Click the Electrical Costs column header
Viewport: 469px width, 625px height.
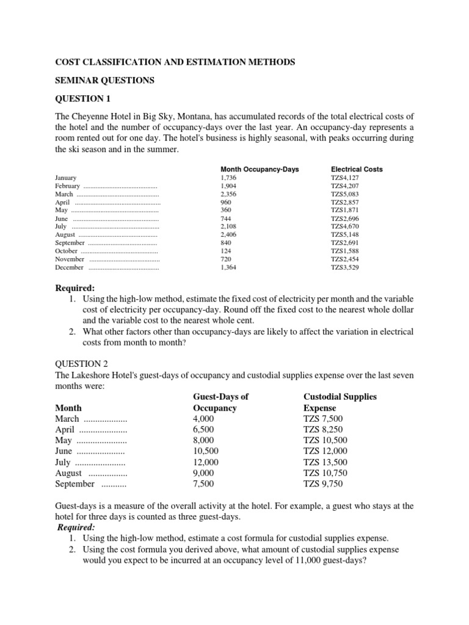[x=357, y=169]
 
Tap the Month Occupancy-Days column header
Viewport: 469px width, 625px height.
[x=260, y=169]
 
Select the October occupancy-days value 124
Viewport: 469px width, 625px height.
[x=225, y=251]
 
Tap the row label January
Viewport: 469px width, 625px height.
[x=66, y=178]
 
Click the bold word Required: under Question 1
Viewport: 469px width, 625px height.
[x=75, y=288]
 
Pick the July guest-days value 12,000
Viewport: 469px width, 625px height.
[x=206, y=463]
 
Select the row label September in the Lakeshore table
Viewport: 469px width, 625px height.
[x=75, y=484]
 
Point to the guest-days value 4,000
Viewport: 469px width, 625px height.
[x=203, y=419]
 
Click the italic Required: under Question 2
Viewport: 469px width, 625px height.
[x=76, y=527]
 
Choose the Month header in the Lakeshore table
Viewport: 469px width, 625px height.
[x=68, y=408]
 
